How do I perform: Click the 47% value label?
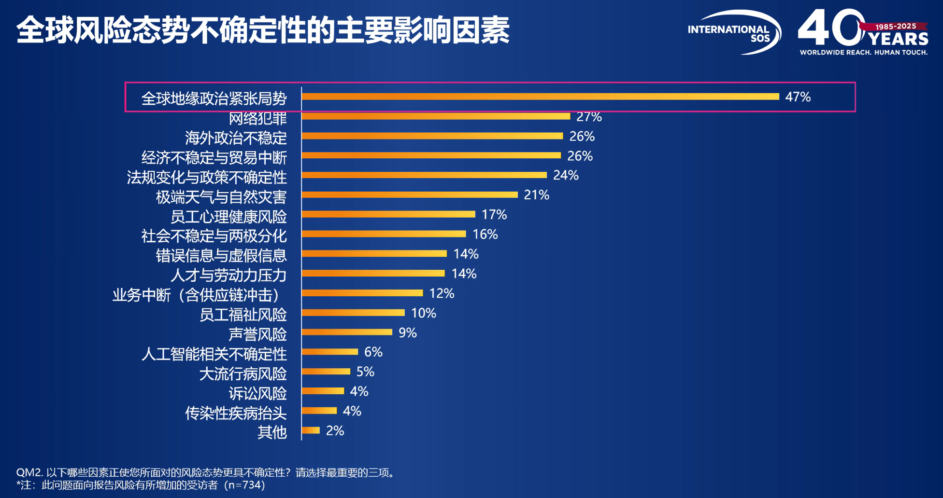pyautogui.click(x=798, y=97)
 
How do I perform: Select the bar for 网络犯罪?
pyautogui.click(x=436, y=116)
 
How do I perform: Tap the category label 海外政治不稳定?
pyautogui.click(x=236, y=138)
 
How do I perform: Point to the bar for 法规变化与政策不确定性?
pyautogui.click(x=424, y=175)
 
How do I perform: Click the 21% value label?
pyautogui.click(x=536, y=195)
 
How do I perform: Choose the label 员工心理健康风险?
pyautogui.click(x=229, y=217)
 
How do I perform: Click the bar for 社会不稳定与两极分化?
pyautogui.click(x=384, y=234)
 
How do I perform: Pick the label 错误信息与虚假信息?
pyautogui.click(x=221, y=256)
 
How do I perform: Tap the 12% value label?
pyautogui.click(x=442, y=293)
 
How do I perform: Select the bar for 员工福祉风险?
pyautogui.click(x=353, y=313)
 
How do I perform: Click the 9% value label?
pyautogui.click(x=407, y=332)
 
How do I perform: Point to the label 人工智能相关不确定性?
pyautogui.click(x=214, y=354)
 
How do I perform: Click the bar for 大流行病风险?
pyautogui.click(x=326, y=372)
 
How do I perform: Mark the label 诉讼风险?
pyautogui.click(x=257, y=394)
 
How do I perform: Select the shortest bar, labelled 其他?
pyautogui.click(x=311, y=430)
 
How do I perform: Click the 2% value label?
pyautogui.click(x=335, y=430)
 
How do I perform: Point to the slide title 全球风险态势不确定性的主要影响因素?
pyautogui.click(x=263, y=30)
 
